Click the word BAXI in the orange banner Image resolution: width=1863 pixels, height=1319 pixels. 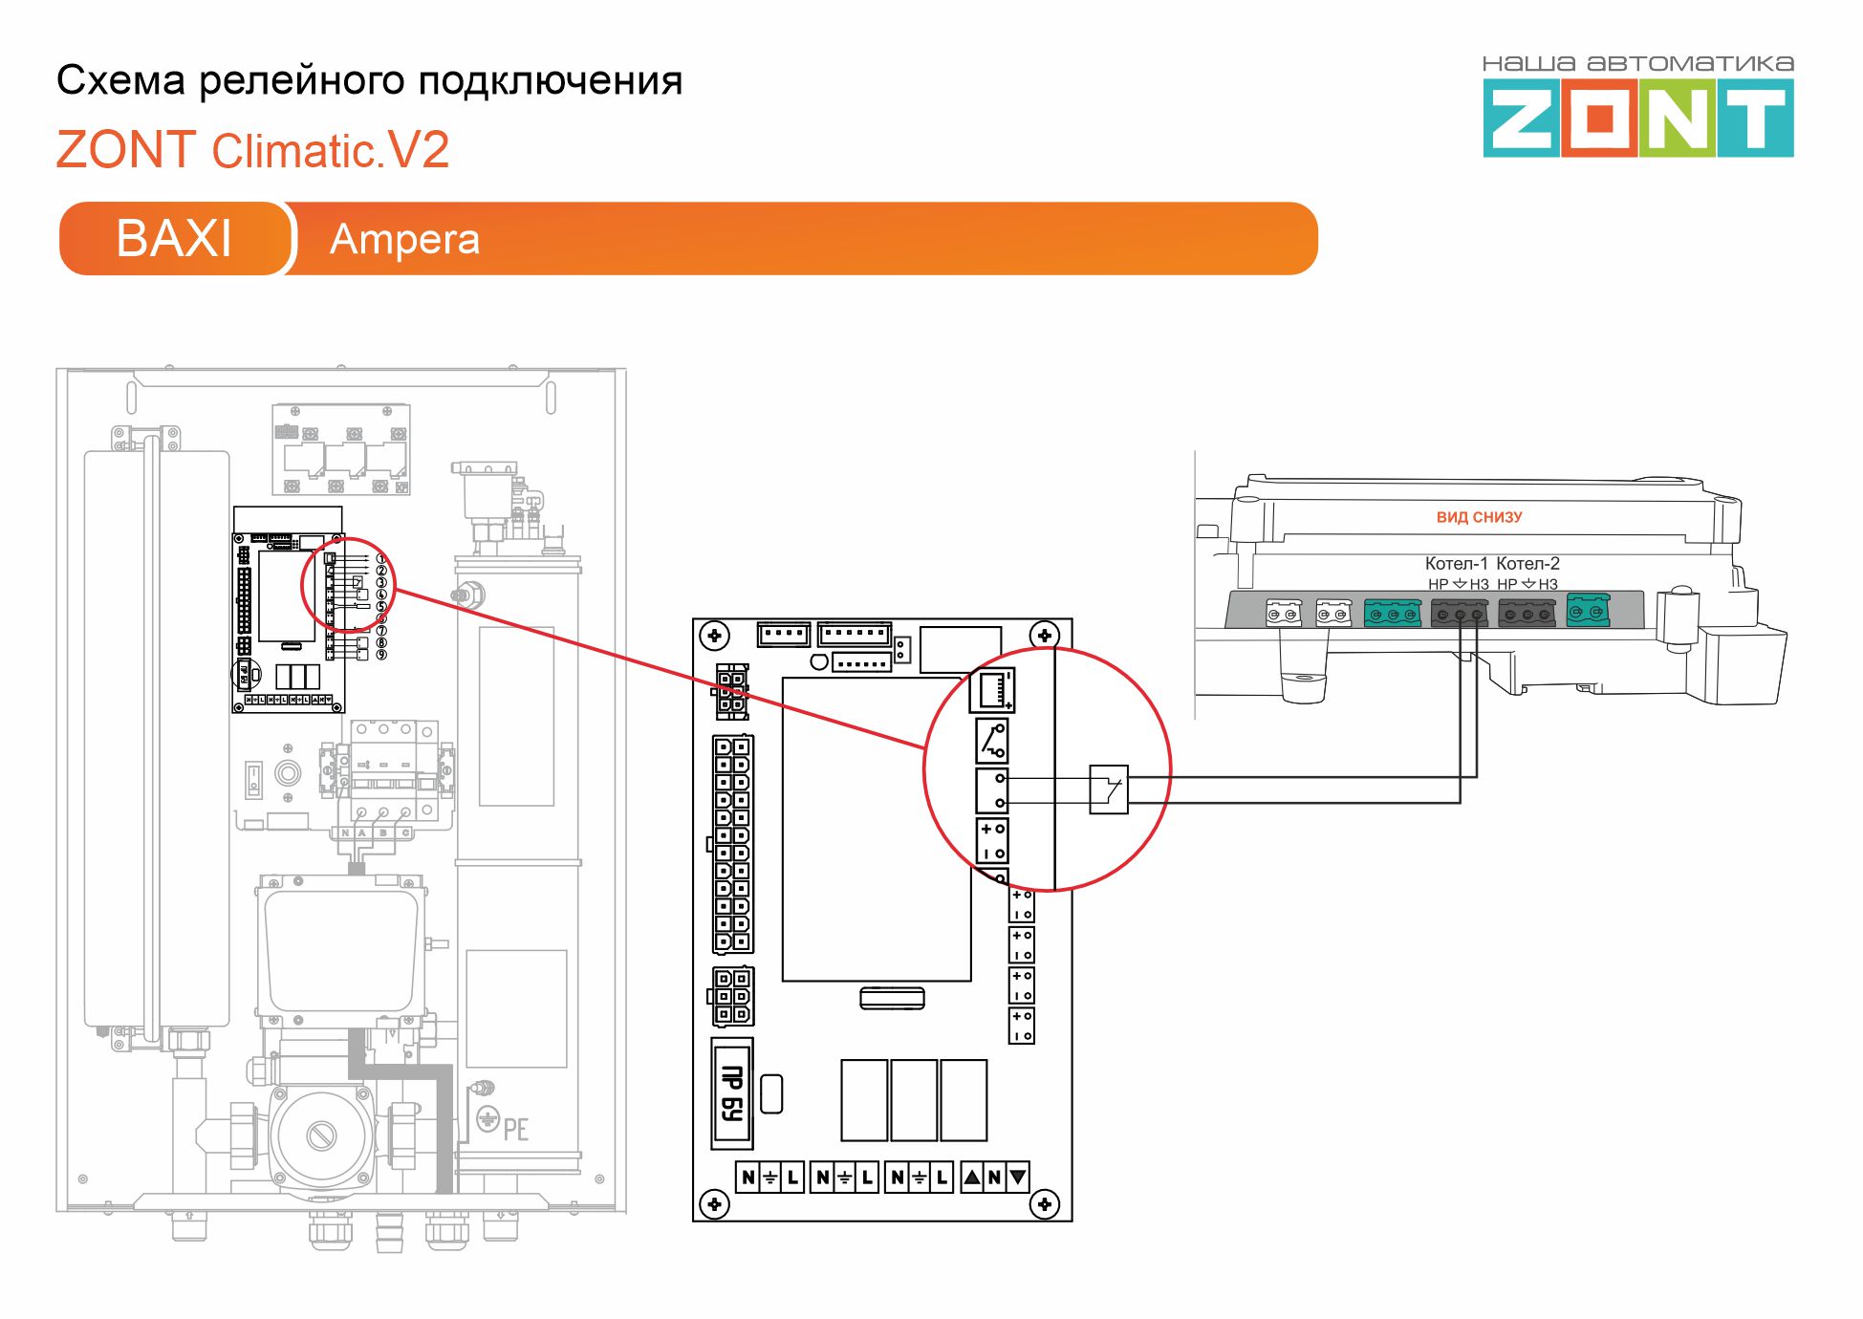pos(174,238)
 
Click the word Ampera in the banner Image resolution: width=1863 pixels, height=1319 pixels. pos(404,239)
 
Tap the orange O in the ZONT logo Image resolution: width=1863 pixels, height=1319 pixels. pos(1600,119)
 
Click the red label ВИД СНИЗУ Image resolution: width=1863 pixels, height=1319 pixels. pos(1479,517)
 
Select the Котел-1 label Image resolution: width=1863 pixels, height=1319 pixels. pos(1456,563)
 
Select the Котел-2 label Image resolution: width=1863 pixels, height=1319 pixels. pos(1527,563)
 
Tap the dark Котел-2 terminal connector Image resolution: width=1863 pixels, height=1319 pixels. pos(1527,613)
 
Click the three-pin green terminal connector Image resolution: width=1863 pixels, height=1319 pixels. pos(1392,613)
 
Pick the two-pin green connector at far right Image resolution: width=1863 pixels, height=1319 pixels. pos(1588,611)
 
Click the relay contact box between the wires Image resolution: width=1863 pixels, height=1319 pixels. pos(1109,789)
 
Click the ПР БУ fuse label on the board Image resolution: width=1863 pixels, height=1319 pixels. pos(731,1093)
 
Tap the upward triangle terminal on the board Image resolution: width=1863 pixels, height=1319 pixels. pos(972,1177)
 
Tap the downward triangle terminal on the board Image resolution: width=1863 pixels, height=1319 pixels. pos(1017,1177)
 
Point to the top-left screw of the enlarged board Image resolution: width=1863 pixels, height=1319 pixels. pos(715,635)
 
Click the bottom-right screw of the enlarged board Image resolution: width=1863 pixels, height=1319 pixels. pos(1044,1203)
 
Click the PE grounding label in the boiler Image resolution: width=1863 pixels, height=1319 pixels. pos(515,1129)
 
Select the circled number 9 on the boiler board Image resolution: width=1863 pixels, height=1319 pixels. pos(381,655)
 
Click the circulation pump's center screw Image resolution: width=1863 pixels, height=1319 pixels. pos(320,1135)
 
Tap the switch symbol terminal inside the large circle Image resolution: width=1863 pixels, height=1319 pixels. pos(992,741)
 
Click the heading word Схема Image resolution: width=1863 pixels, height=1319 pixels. pos(120,80)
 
